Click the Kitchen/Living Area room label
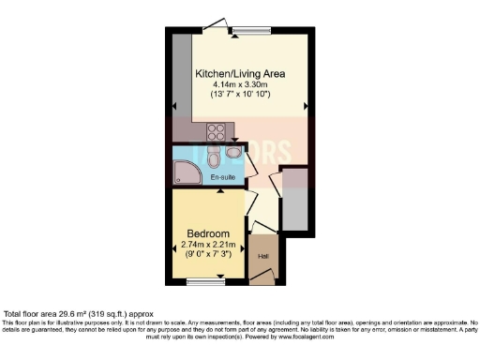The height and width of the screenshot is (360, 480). pyautogui.click(x=240, y=73)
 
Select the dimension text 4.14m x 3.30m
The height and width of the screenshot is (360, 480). pyautogui.click(x=240, y=85)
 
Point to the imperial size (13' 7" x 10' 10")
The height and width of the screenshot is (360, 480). pyautogui.click(x=240, y=97)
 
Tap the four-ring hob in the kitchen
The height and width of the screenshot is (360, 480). pyautogui.click(x=216, y=132)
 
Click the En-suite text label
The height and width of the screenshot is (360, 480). pyautogui.click(x=221, y=176)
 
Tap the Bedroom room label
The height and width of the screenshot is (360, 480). pyautogui.click(x=208, y=233)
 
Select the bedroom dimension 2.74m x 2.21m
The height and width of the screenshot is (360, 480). pyautogui.click(x=208, y=244)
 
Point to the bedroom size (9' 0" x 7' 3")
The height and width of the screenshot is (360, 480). pyautogui.click(x=208, y=255)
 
